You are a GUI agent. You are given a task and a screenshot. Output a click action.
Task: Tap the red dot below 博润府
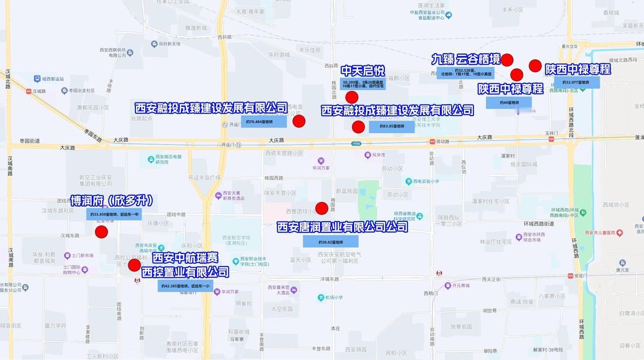coord(102,232)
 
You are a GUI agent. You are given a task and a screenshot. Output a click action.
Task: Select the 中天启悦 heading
coord(363,71)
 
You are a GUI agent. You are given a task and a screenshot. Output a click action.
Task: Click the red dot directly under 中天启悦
coord(352,97)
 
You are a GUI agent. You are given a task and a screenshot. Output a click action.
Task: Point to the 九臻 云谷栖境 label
coord(466,59)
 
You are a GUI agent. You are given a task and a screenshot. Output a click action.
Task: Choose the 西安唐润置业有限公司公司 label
coord(342,227)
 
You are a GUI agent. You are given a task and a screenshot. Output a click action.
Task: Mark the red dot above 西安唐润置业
coord(321,208)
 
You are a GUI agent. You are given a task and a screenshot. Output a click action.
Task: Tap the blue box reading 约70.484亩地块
coord(263,122)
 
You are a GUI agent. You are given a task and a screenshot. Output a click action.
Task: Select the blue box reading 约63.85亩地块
coord(391,127)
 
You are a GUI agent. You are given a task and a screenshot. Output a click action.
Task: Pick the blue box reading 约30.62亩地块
coord(330,241)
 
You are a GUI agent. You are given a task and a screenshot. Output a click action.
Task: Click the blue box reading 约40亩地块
coord(509,103)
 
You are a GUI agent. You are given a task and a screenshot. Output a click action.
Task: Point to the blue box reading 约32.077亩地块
coord(577,82)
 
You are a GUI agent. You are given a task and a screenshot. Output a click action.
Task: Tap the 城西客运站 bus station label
coord(52,79)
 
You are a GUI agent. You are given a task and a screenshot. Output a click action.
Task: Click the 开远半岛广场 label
coord(204,177)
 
